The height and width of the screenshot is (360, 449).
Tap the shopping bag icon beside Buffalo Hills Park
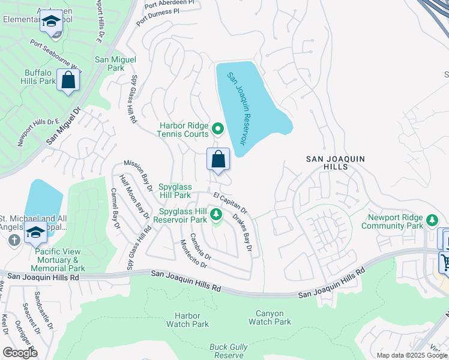click(68, 80)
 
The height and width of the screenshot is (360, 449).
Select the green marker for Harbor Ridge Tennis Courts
click(217, 127)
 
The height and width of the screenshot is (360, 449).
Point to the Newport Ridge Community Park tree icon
click(431, 221)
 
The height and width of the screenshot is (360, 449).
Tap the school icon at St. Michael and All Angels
click(36, 232)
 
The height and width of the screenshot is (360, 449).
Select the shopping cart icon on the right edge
click(445, 262)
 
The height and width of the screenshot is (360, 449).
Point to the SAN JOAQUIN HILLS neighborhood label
click(335, 159)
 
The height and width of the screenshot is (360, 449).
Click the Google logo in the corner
click(20, 353)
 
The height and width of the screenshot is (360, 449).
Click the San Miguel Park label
click(115, 64)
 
